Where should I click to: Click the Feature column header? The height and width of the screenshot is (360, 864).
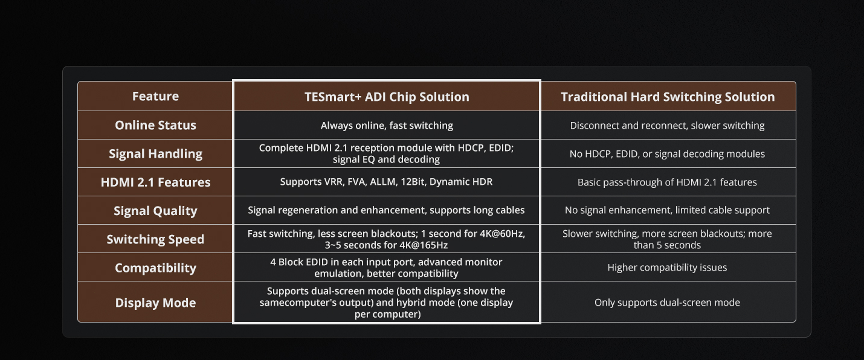[x=155, y=96]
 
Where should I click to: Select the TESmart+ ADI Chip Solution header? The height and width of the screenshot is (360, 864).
[x=387, y=97]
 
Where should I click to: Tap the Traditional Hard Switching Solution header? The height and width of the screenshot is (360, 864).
[x=668, y=97]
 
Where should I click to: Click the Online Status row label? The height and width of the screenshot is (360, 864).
[x=155, y=125]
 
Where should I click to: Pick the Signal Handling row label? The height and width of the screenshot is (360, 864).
[x=155, y=154]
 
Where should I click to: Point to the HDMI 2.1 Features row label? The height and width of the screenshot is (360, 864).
[x=155, y=182]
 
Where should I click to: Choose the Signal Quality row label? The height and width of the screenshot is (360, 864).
[x=155, y=211]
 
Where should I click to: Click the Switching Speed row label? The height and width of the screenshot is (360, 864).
[x=155, y=239]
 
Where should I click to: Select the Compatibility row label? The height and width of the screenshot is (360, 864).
[x=155, y=268]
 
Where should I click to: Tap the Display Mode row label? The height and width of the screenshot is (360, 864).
[x=155, y=303]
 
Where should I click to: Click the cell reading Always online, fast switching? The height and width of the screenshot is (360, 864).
[x=387, y=126]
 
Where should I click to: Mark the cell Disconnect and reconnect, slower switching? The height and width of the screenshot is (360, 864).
[x=667, y=126]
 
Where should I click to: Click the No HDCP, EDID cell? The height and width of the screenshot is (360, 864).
[x=667, y=154]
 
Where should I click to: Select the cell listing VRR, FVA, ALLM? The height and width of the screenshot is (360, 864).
[x=386, y=182]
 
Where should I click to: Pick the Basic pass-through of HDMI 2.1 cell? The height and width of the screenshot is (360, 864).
[x=667, y=182]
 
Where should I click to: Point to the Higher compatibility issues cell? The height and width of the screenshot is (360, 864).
[x=667, y=268]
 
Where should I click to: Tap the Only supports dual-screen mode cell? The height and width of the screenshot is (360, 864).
[x=667, y=303]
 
